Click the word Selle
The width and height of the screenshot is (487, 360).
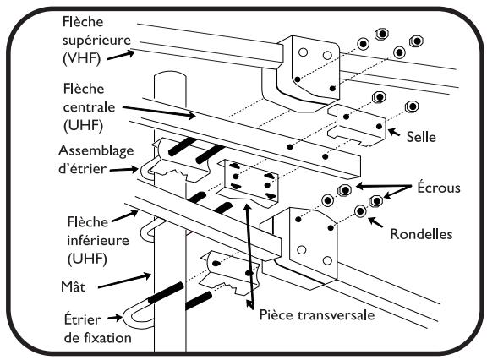[x=421, y=137]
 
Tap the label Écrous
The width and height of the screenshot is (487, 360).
[x=439, y=188]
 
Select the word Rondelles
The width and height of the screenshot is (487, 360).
[x=421, y=234]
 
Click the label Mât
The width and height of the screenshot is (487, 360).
[x=73, y=286]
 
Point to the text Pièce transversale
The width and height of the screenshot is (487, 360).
[x=317, y=315]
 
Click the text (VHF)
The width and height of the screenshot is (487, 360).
[x=81, y=58]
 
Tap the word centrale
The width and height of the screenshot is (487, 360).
[x=89, y=107]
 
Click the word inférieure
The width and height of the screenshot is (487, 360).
[x=98, y=240]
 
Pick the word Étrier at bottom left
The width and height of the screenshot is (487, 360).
[x=82, y=319]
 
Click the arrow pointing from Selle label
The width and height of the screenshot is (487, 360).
[x=394, y=133]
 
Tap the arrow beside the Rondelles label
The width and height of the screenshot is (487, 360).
[x=375, y=222]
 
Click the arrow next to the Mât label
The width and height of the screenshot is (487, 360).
[x=124, y=281]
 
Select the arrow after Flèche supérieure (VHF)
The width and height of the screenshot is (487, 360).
[x=121, y=55]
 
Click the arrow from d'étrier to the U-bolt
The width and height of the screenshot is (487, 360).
[x=124, y=170]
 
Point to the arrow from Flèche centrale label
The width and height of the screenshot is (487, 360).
[x=159, y=112]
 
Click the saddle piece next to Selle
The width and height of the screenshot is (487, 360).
[x=357, y=125]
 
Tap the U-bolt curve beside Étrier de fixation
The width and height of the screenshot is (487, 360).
[x=129, y=318]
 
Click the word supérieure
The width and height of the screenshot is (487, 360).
[x=96, y=41]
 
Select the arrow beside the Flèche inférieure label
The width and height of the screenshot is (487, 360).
[x=125, y=216]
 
